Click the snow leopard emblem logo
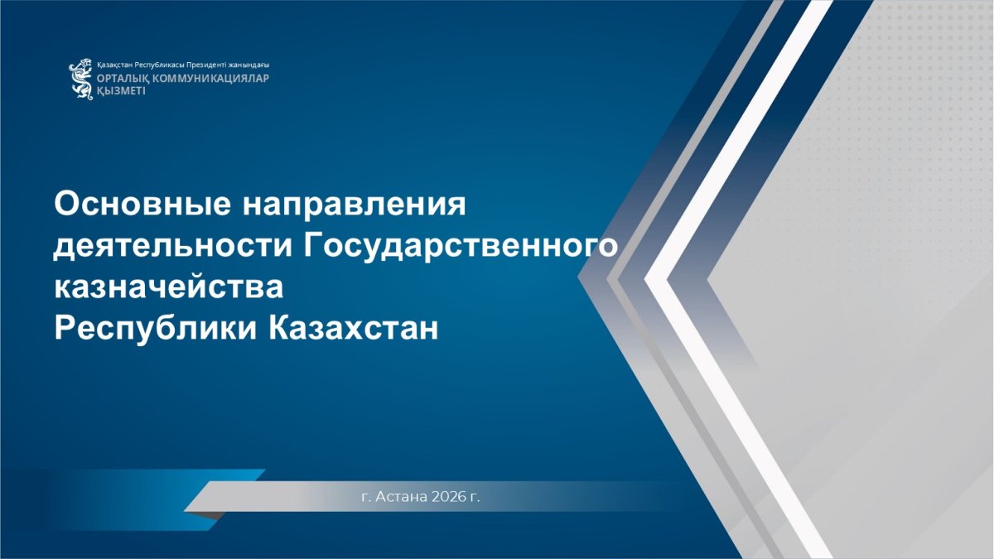[81, 79]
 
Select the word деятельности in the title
[173, 247]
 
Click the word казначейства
[169, 287]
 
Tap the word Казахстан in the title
[353, 328]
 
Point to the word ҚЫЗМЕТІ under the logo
[121, 91]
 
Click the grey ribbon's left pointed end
[185, 511]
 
